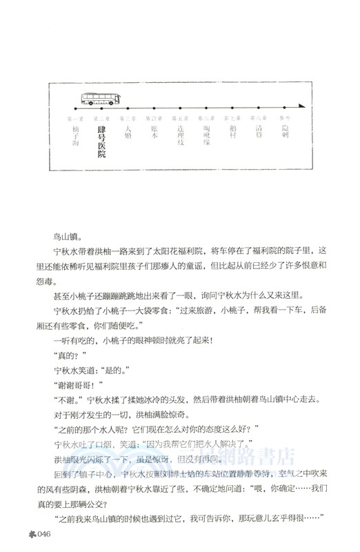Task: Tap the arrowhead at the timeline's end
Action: (x=301, y=106)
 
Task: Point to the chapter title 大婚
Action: (x=127, y=131)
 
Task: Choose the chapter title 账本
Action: (x=154, y=131)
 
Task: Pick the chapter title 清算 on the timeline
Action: (x=259, y=131)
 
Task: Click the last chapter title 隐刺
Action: (x=285, y=131)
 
